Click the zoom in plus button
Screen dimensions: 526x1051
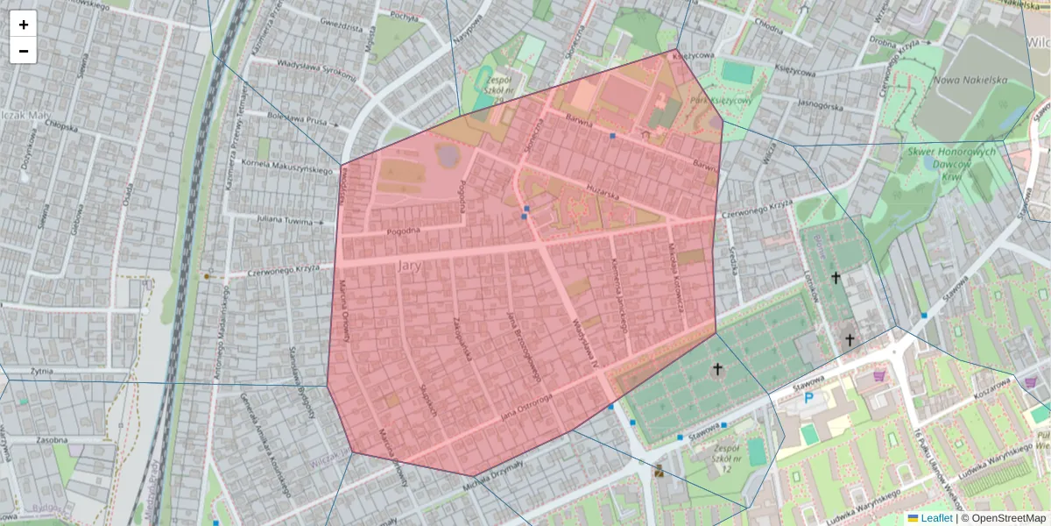click(24, 25)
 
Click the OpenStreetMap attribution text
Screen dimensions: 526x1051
click(1008, 518)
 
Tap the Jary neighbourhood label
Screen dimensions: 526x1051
click(411, 265)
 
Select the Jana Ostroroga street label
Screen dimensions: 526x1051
click(525, 407)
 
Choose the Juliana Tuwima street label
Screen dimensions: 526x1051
click(285, 221)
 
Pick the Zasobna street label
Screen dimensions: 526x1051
click(53, 439)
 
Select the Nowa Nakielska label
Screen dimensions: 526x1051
click(972, 80)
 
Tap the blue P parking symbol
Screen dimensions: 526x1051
click(808, 398)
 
